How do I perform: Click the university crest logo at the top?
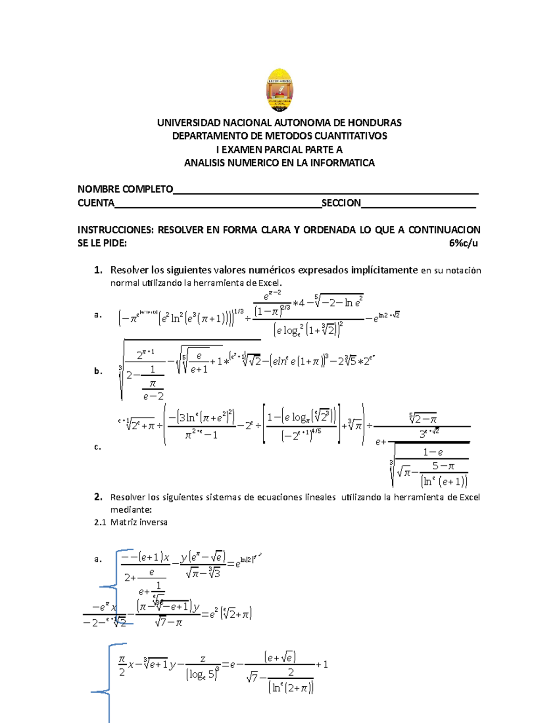point(279,90)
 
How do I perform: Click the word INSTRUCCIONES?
point(115,230)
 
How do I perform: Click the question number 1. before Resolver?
point(98,270)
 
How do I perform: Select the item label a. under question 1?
point(98,315)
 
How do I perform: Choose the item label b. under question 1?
point(98,371)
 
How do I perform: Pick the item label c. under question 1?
point(98,447)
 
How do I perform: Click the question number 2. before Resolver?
point(98,497)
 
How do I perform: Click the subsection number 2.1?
point(100,522)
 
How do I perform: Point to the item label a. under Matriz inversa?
point(98,559)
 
